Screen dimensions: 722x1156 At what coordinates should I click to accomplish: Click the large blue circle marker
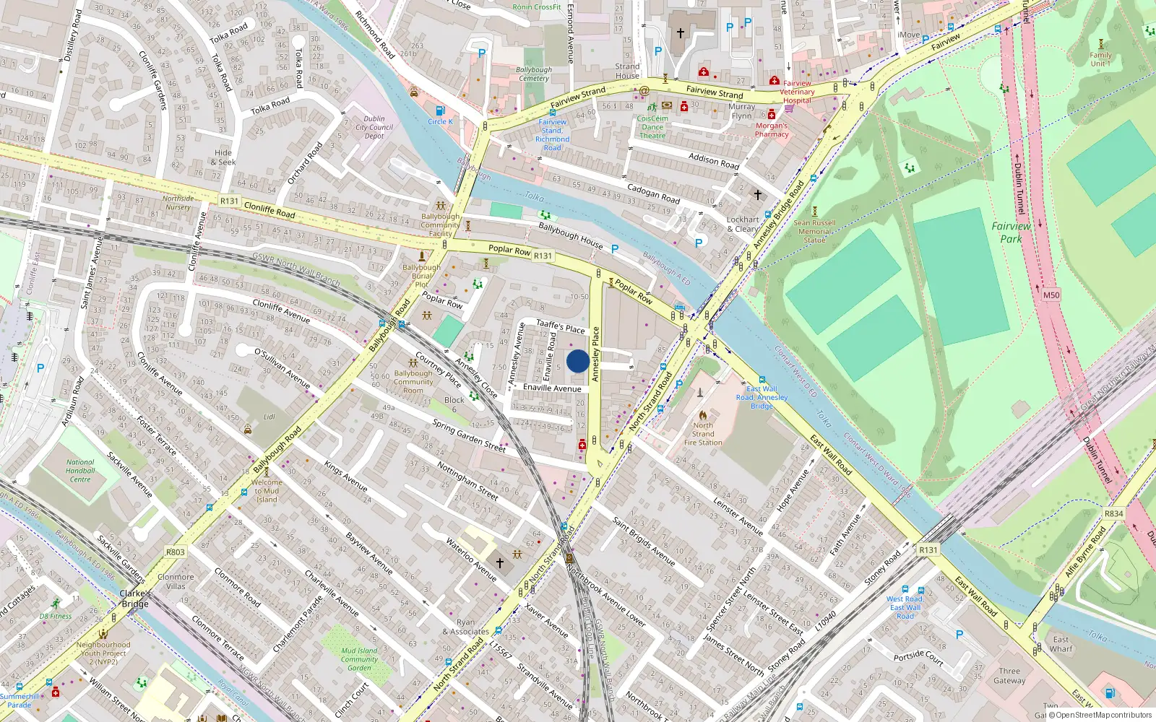pyautogui.click(x=577, y=361)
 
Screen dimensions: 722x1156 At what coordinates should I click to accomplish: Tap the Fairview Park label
pyautogui.click(x=1011, y=232)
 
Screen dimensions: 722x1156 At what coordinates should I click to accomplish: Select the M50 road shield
pyautogui.click(x=1051, y=295)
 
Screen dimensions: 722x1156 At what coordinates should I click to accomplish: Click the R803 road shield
pyautogui.click(x=176, y=552)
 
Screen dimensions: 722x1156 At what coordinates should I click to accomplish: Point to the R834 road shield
pyautogui.click(x=1113, y=513)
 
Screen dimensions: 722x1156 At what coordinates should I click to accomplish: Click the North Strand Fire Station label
pyautogui.click(x=703, y=434)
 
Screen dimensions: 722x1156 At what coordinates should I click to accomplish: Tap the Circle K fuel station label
pyautogui.click(x=440, y=121)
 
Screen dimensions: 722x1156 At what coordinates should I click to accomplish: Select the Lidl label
pyautogui.click(x=269, y=417)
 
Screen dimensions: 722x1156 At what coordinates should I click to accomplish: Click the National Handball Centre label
pyautogui.click(x=80, y=471)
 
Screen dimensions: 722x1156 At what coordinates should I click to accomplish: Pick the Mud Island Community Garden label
pyautogui.click(x=359, y=659)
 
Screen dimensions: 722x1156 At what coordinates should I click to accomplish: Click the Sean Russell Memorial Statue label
pyautogui.click(x=814, y=231)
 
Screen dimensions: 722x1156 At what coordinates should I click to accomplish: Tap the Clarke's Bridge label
pyautogui.click(x=135, y=599)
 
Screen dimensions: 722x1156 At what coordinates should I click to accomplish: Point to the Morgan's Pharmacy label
pyautogui.click(x=772, y=130)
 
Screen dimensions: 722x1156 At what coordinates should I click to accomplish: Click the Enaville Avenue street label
pyautogui.click(x=552, y=388)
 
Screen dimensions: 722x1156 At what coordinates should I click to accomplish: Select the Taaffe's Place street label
pyautogui.click(x=561, y=326)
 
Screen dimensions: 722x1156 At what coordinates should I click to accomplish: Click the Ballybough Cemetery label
pyautogui.click(x=534, y=74)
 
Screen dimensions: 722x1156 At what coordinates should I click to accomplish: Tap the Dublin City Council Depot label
pyautogui.click(x=374, y=127)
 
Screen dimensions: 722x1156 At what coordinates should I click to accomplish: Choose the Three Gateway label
pyautogui.click(x=1009, y=675)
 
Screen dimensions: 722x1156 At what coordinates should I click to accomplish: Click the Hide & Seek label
pyautogui.click(x=223, y=157)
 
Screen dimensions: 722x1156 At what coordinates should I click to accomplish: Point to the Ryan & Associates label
pyautogui.click(x=466, y=627)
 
